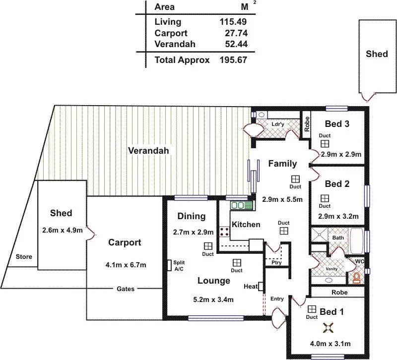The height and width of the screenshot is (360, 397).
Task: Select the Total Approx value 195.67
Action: coord(233,60)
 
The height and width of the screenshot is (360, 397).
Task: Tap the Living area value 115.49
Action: coord(233,22)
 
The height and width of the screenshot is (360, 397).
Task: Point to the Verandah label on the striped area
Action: coord(148,151)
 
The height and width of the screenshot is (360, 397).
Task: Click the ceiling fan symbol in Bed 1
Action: coord(328,327)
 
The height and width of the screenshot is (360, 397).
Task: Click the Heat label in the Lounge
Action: coord(250,286)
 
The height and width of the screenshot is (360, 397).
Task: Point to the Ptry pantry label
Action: coord(276,263)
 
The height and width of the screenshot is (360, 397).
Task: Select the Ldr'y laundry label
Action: coord(277,124)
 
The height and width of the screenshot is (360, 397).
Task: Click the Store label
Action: coord(24,257)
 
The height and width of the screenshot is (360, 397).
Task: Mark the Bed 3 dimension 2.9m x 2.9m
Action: coord(341,155)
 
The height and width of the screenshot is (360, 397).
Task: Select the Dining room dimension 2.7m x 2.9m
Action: coord(193,232)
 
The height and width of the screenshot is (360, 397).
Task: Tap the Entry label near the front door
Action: coord(277,299)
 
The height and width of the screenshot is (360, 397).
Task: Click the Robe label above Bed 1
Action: coord(339,293)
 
